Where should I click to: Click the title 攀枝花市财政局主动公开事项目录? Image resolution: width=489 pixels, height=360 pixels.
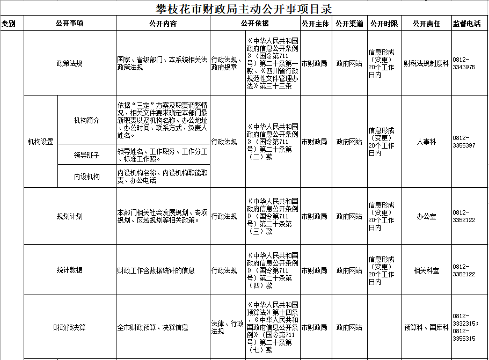point(244,8)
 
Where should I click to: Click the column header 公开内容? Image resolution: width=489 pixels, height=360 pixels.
point(163,24)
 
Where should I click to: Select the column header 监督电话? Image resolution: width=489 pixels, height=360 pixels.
point(466,24)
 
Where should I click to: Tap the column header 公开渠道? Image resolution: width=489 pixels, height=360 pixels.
point(349,24)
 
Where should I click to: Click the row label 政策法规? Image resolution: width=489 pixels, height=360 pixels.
point(70,63)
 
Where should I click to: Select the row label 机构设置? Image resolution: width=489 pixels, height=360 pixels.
point(41,142)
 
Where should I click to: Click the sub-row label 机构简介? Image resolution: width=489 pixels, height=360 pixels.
point(86,121)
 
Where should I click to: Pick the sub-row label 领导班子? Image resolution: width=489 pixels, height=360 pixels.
point(86,155)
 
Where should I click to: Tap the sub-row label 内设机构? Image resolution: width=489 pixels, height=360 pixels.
point(86,177)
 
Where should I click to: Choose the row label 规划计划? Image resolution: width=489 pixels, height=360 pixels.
point(70,216)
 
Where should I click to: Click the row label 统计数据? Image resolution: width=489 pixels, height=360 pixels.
point(70,270)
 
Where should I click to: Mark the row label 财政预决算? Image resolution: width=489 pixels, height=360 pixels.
point(70,327)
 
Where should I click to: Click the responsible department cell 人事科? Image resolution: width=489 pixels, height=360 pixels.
point(426,142)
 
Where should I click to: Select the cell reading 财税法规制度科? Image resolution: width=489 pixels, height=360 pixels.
point(426,63)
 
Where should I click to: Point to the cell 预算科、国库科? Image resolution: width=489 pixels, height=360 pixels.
point(426,327)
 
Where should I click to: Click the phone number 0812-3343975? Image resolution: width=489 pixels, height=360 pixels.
point(465,63)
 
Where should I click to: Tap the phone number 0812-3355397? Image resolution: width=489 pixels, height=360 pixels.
point(465,142)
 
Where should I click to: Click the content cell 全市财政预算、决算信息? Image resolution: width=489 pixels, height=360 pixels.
point(152,327)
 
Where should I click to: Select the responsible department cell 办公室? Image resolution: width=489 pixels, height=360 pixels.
point(426,216)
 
